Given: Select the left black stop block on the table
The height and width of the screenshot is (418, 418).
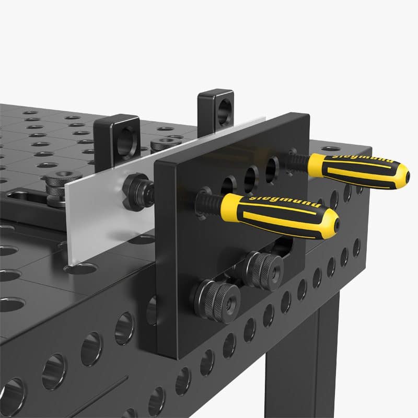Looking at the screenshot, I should click(x=117, y=137).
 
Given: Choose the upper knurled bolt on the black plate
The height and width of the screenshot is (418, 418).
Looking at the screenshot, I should click(x=263, y=269).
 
